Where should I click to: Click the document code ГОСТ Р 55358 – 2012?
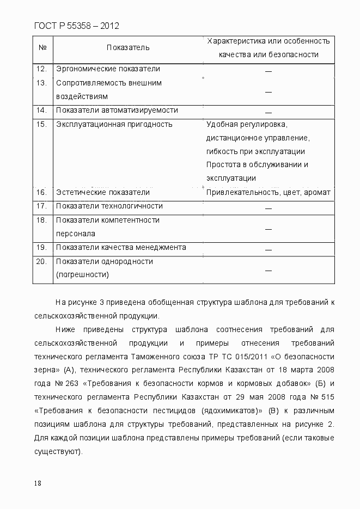(x=76, y=26)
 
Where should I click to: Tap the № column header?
(x=42, y=48)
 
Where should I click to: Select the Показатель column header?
(x=128, y=48)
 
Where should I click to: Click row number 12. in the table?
(x=41, y=69)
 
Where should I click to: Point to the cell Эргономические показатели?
(x=108, y=69)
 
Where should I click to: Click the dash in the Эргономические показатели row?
(x=268, y=71)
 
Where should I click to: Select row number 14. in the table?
(x=41, y=111)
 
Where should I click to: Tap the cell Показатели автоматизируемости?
(x=117, y=111)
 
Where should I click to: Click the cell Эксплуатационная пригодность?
(x=114, y=124)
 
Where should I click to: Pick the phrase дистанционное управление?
(x=258, y=138)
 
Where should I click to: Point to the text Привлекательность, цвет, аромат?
(x=268, y=193)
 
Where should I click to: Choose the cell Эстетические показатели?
(x=102, y=193)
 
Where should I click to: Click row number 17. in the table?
(x=41, y=206)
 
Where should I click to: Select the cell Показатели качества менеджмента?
(x=120, y=248)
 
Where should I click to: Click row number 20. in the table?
(x=41, y=261)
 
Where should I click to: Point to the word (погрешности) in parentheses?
(x=82, y=275)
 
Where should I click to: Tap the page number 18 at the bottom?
(x=38, y=483)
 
